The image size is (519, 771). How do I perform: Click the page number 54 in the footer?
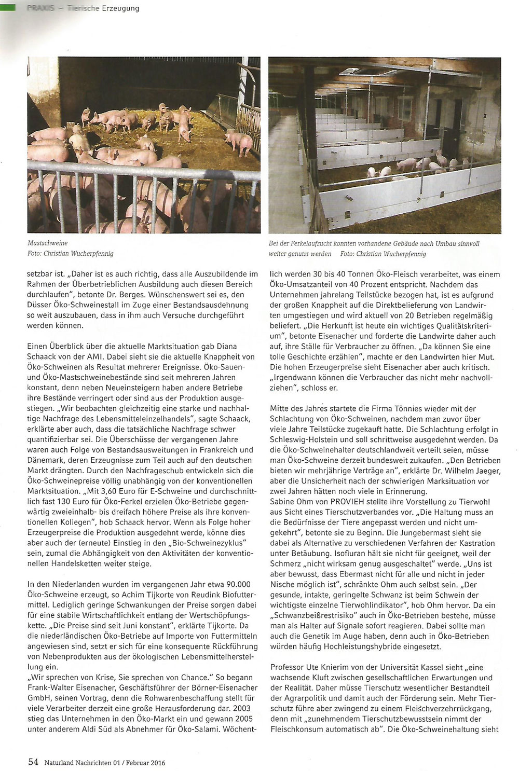click(x=33, y=762)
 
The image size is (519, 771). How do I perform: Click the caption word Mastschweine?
click(x=47, y=243)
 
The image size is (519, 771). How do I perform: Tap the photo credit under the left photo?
click(x=71, y=254)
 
